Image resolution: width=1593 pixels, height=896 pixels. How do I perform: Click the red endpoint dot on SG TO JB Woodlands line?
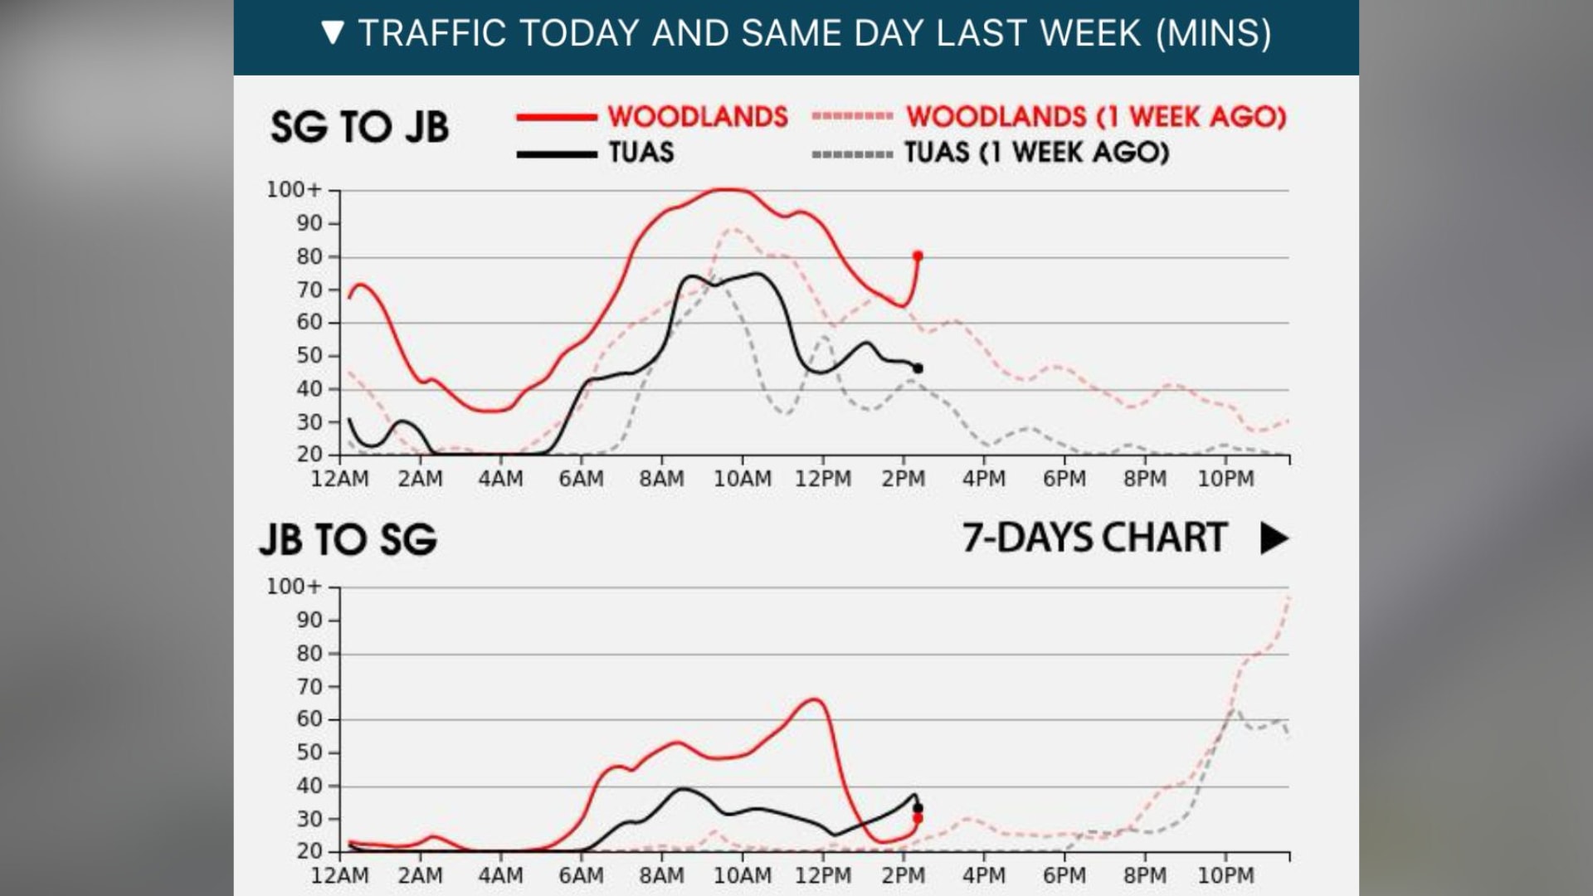click(x=918, y=256)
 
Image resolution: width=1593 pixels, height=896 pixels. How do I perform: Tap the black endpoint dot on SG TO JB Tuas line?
click(x=918, y=368)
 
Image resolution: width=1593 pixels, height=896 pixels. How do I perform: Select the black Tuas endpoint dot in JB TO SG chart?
click(x=918, y=808)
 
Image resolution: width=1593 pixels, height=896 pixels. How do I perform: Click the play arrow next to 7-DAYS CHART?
click(x=1274, y=538)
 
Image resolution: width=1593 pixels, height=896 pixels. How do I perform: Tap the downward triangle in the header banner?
click(x=333, y=33)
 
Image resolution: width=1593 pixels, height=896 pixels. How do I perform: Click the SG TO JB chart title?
click(x=359, y=127)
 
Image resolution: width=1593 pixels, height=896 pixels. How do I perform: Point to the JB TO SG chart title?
click(x=348, y=539)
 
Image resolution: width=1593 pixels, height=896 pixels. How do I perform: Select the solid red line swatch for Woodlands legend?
click(x=556, y=117)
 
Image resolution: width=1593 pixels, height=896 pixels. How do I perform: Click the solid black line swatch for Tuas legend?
click(x=556, y=154)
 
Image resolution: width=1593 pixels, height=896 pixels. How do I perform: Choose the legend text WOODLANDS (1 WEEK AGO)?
click(x=1095, y=117)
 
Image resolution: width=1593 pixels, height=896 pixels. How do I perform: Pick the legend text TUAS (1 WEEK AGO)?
click(x=1036, y=153)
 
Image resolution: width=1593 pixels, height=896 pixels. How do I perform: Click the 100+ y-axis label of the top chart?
click(x=293, y=190)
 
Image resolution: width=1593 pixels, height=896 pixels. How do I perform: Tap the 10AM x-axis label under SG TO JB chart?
click(x=743, y=480)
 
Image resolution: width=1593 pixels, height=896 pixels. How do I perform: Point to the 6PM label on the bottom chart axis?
click(x=1064, y=876)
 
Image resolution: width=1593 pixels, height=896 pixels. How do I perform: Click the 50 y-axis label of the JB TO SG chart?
click(x=309, y=752)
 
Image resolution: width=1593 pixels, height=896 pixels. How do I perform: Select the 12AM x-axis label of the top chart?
click(x=339, y=480)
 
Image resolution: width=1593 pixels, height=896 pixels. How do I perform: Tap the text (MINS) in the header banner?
click(x=1213, y=34)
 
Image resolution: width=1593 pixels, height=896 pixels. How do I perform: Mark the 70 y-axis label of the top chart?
click(x=309, y=290)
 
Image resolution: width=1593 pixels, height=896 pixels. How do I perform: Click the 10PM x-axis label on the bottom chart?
click(x=1225, y=876)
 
